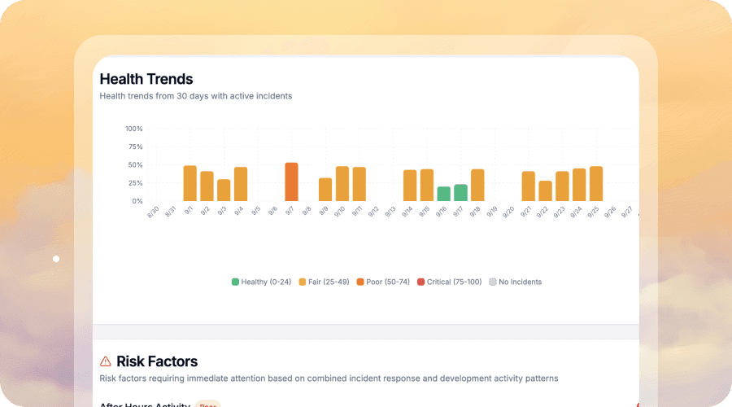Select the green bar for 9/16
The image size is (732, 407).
click(x=443, y=194)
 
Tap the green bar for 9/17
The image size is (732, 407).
click(x=460, y=193)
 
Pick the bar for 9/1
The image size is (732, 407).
click(x=190, y=183)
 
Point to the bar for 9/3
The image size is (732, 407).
click(x=224, y=190)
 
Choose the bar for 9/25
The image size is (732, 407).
click(x=596, y=184)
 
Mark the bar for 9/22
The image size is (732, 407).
click(x=545, y=191)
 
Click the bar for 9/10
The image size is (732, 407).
click(x=342, y=184)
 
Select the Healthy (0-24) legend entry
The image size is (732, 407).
click(x=261, y=282)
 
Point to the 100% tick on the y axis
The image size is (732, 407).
click(x=134, y=129)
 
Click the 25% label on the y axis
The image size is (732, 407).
click(x=136, y=183)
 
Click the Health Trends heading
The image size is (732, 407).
click(x=146, y=79)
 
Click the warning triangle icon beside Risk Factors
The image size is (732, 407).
click(x=106, y=361)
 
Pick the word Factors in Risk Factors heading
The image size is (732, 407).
click(x=173, y=361)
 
